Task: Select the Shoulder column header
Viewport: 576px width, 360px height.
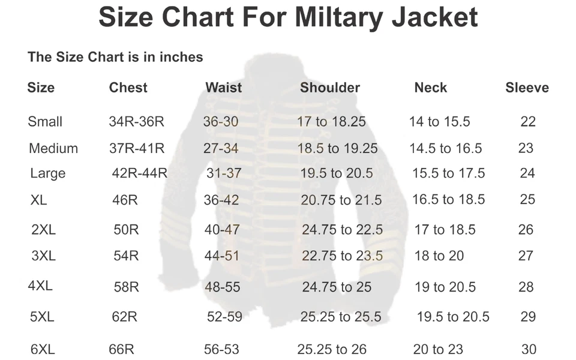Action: [329, 88]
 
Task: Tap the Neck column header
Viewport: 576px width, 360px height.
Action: [430, 88]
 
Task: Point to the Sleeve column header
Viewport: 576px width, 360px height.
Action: [527, 88]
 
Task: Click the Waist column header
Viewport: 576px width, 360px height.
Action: [223, 88]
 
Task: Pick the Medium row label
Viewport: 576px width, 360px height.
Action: [53, 148]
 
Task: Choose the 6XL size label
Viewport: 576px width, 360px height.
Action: [43, 349]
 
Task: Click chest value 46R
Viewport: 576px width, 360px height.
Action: [125, 200]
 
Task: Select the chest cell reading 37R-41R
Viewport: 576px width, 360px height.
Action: [137, 148]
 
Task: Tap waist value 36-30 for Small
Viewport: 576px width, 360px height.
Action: [220, 122]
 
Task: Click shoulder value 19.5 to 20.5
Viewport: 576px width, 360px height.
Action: [337, 173]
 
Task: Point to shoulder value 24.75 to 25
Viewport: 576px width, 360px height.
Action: [337, 287]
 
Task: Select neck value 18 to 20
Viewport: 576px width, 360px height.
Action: [439, 256]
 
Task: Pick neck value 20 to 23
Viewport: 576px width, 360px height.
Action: [438, 349]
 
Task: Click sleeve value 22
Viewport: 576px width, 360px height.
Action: [528, 122]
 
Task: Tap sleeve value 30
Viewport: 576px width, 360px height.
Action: [529, 349]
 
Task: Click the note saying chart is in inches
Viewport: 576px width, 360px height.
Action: [115, 57]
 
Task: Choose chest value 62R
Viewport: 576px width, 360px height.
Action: [124, 316]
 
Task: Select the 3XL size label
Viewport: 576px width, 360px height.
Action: [43, 256]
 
